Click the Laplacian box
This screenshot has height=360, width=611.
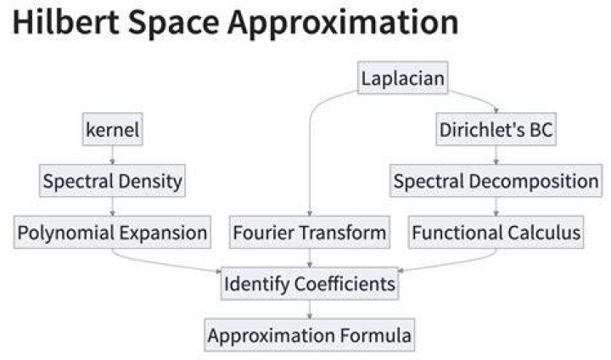click(402, 77)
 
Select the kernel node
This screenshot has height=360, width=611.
click(113, 129)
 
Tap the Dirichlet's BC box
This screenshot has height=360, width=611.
click(496, 129)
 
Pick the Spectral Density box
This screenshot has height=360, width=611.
click(112, 181)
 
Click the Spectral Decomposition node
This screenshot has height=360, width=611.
click(496, 181)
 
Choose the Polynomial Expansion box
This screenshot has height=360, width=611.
click(112, 232)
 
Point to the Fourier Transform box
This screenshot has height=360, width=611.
click(310, 232)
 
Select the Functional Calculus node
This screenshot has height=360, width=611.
click(496, 232)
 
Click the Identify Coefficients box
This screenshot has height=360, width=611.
click(310, 284)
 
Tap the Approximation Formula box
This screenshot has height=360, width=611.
click(310, 335)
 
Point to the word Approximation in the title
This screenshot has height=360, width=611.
click(344, 24)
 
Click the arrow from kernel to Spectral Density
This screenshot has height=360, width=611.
click(113, 155)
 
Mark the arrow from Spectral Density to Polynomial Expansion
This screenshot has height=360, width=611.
click(113, 206)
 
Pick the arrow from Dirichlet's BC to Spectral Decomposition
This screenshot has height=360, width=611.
click(496, 155)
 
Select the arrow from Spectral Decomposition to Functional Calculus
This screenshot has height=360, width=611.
click(496, 206)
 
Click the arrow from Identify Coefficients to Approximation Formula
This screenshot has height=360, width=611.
click(310, 309)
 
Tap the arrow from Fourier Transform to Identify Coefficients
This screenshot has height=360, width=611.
click(310, 258)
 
